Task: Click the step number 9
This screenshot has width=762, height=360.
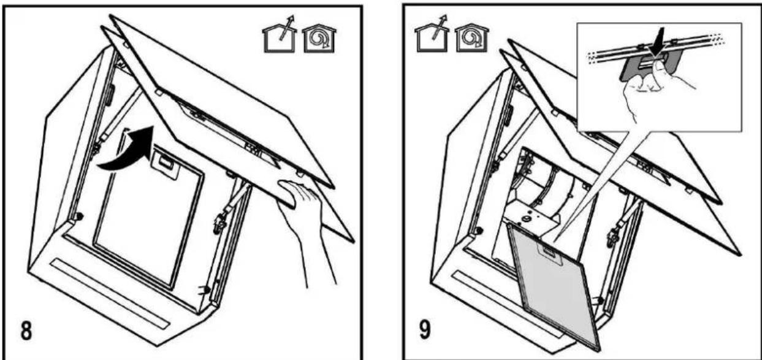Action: click(425, 329)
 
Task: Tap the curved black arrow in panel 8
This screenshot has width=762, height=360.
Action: click(128, 150)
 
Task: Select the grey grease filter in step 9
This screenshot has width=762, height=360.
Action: click(554, 288)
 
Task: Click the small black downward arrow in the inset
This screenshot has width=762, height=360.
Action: click(658, 42)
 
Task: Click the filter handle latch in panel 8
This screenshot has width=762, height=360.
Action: click(165, 164)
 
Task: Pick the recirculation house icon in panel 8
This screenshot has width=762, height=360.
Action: click(319, 39)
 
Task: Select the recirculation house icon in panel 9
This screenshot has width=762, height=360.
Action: click(471, 38)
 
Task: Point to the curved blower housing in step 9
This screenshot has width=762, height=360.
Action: click(544, 191)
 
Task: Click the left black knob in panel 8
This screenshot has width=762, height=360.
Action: click(80, 216)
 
